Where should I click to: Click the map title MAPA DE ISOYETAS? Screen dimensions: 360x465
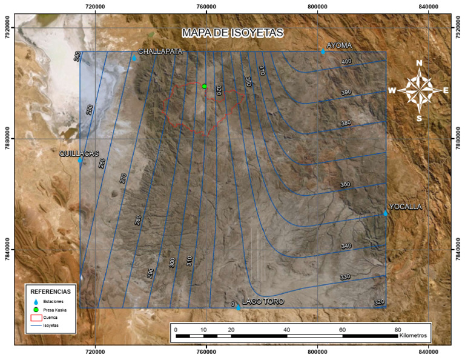pos(233,33)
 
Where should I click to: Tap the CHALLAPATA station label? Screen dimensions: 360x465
pos(160,52)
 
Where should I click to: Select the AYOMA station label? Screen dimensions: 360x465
pos(339,45)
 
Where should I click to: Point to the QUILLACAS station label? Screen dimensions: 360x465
pos(79,154)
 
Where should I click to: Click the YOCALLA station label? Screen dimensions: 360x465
pos(405,207)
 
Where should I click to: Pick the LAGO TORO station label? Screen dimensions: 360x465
pos(263,301)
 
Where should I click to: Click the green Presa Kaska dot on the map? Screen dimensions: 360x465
pos(205,87)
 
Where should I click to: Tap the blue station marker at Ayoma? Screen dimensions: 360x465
pos(323,52)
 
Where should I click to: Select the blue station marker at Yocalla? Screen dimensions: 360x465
pos(385,212)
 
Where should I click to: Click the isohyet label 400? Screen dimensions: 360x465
pos(346,62)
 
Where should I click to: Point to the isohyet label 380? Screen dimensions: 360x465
pos(346,123)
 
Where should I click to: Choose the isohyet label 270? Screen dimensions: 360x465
pos(123,178)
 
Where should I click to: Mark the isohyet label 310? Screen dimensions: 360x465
pos(189,261)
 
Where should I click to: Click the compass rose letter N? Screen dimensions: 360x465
pos(419,63)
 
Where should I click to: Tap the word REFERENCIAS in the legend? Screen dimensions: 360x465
pos(51,291)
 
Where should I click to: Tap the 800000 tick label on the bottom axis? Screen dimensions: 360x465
pos(318,351)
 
